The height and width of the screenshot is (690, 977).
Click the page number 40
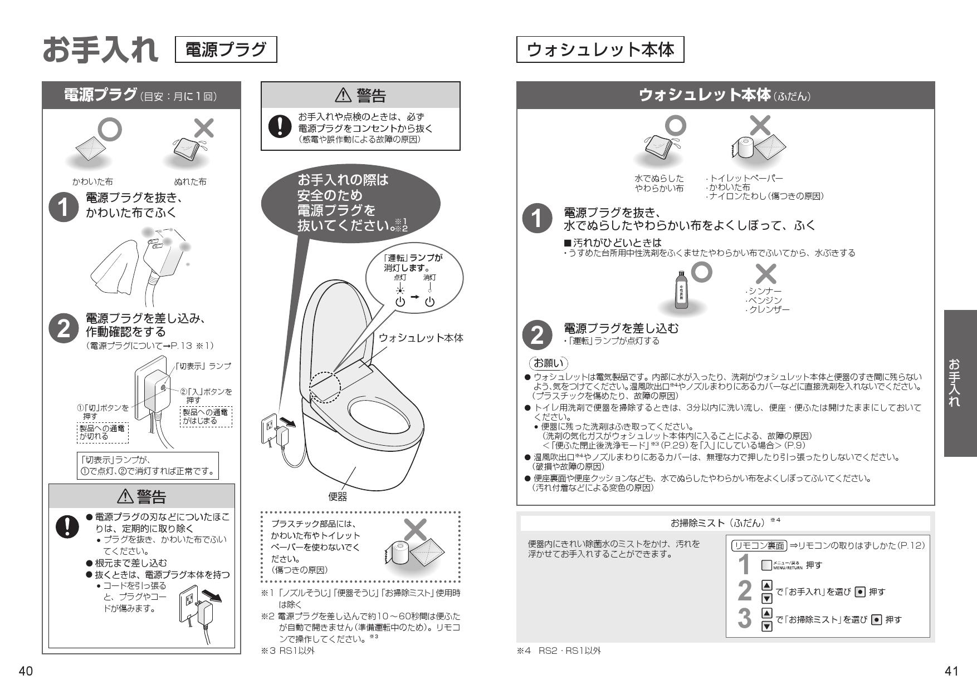[x=26, y=671]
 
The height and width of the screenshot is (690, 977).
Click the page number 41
[x=951, y=671]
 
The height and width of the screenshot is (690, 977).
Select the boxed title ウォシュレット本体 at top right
[x=600, y=50]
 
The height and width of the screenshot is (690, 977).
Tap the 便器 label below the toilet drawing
[x=338, y=496]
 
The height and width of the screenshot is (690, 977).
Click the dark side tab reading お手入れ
[x=960, y=383]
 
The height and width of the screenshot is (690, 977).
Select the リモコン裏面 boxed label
[x=758, y=545]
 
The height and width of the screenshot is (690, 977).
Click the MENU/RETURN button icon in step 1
[x=766, y=565]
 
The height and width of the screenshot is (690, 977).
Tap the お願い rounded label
[x=548, y=363]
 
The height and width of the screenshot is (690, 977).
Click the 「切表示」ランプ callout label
[x=203, y=366]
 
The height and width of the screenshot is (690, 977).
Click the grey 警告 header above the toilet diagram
[x=360, y=96]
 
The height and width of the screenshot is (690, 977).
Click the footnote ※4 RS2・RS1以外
[x=559, y=650]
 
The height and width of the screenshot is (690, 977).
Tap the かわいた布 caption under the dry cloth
[x=92, y=181]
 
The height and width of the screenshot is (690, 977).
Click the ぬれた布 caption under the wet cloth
[x=190, y=181]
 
